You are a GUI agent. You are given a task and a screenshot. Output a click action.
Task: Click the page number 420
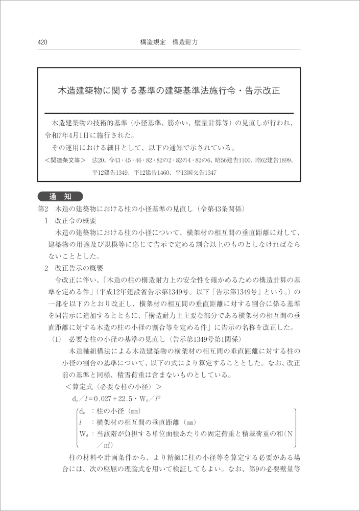click(42, 42)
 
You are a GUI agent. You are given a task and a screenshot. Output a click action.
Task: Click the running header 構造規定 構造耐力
click(169, 42)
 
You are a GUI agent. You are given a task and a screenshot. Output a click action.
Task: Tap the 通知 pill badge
click(60, 197)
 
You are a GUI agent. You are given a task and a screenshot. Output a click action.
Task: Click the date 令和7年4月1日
click(71, 136)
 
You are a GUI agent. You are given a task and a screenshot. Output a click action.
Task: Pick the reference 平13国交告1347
click(196, 173)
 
